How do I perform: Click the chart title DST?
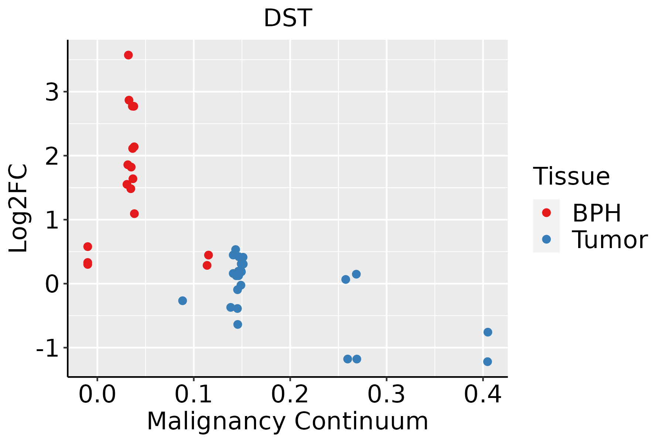pyautogui.click(x=288, y=18)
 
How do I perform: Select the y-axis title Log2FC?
pyautogui.click(x=18, y=209)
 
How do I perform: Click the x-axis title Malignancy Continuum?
pyautogui.click(x=287, y=421)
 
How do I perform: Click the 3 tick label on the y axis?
pyautogui.click(x=52, y=92)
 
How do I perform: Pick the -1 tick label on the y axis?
pyautogui.click(x=48, y=348)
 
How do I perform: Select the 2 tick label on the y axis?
pyautogui.click(x=52, y=156)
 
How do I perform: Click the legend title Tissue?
pyautogui.click(x=572, y=176)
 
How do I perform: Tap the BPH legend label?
pyautogui.click(x=597, y=213)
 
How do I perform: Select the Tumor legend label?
pyautogui.click(x=610, y=240)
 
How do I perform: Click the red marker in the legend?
pyautogui.click(x=546, y=213)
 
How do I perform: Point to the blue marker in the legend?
pyautogui.click(x=546, y=239)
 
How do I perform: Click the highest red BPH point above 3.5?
pyautogui.click(x=128, y=55)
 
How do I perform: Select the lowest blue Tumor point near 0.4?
pyautogui.click(x=487, y=361)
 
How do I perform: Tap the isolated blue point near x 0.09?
pyautogui.click(x=183, y=301)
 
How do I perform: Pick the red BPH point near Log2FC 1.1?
pyautogui.click(x=134, y=213)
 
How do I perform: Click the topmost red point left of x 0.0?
pyautogui.click(x=88, y=247)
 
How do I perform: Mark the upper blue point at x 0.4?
pyautogui.click(x=488, y=332)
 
